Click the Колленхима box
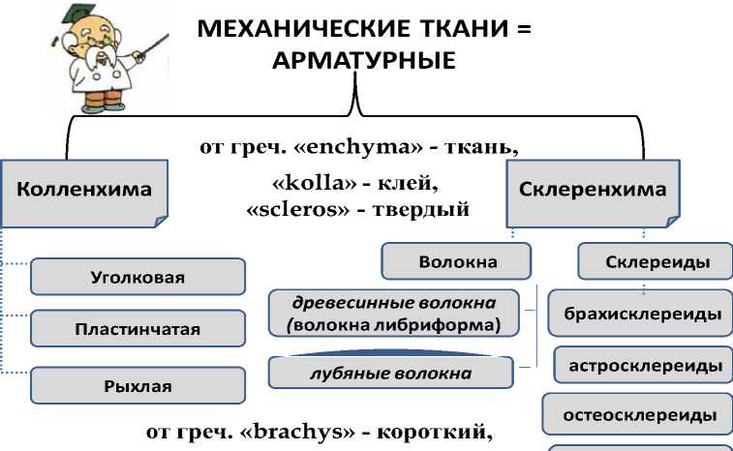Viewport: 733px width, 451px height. coord(85,191)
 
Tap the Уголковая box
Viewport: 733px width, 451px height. coord(137,277)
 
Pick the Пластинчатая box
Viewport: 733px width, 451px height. coord(137,328)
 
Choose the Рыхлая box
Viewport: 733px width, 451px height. coord(137,385)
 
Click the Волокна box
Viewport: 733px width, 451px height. coord(457,261)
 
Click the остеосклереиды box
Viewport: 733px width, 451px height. coord(640,416)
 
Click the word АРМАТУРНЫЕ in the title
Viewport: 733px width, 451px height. coord(364,61)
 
